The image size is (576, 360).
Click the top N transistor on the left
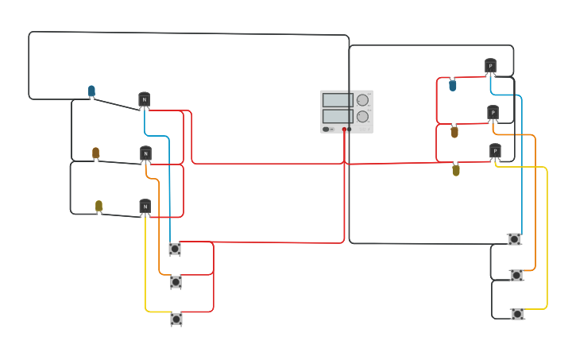(x=144, y=99)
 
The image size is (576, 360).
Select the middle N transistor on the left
(x=145, y=153)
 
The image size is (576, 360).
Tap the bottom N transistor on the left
(x=145, y=207)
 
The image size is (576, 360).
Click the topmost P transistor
(x=490, y=66)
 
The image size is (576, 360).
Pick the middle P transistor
(x=493, y=112)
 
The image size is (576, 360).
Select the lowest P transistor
(x=495, y=151)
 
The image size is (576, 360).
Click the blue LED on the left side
(x=91, y=91)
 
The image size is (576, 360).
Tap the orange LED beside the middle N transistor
(x=95, y=153)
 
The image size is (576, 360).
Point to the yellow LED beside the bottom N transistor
(x=99, y=206)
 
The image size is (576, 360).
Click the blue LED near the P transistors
(x=453, y=85)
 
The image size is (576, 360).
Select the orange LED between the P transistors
(x=454, y=132)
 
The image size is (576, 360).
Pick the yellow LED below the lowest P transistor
(x=456, y=169)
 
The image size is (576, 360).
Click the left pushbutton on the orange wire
(x=176, y=282)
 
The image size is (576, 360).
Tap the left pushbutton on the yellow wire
(x=176, y=319)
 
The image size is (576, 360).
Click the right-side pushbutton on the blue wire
(x=514, y=238)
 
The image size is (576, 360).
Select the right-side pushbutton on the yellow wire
(x=517, y=314)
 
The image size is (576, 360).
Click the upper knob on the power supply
(x=362, y=100)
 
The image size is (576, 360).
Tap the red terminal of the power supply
(x=344, y=129)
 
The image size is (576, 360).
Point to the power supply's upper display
(x=338, y=100)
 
